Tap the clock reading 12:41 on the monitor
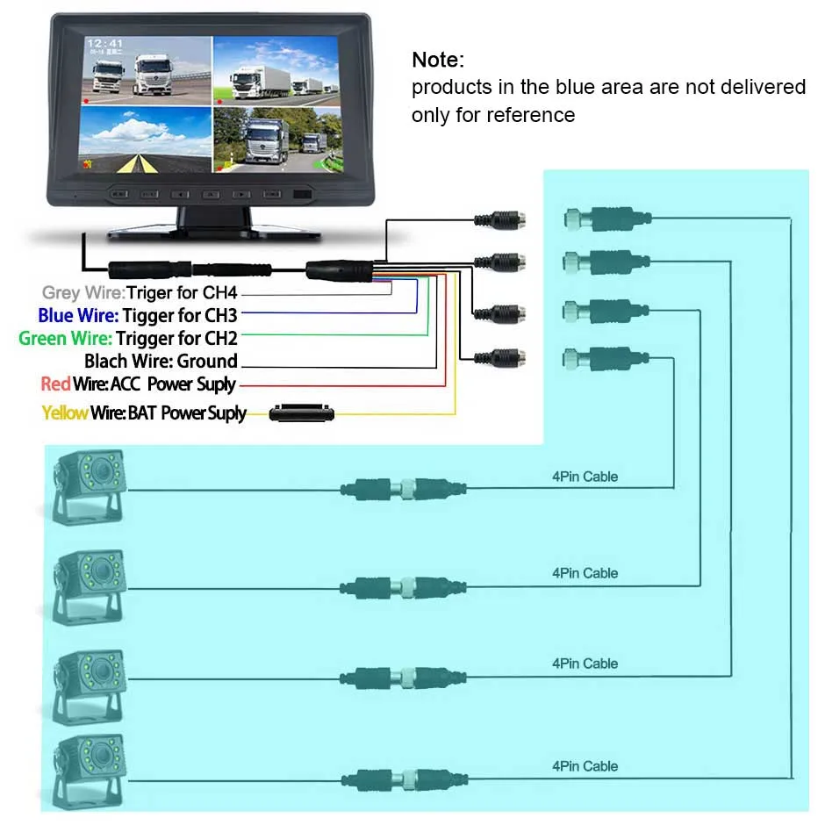pos(104,43)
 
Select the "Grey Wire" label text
pos(82,293)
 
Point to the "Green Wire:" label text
pos(66,338)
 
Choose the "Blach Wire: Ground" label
pos(161,361)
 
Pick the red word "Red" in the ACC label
pos(55,384)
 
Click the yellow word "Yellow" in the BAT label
pos(64,412)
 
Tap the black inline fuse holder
pos(303,412)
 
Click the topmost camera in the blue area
pos(89,487)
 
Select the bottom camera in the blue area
pos(89,772)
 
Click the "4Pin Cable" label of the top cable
pos(585,477)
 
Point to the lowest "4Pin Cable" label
pos(585,766)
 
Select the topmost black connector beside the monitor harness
pos(500,219)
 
